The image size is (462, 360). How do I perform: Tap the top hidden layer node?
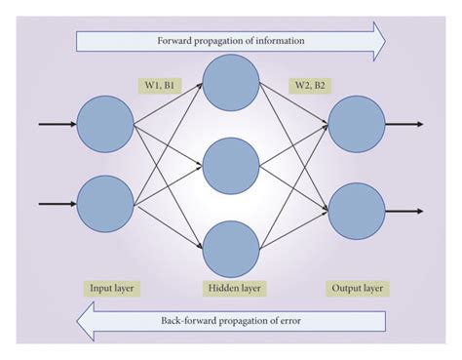click(x=230, y=83)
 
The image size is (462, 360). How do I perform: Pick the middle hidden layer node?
click(x=230, y=166)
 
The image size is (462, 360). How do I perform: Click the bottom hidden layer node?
click(x=230, y=248)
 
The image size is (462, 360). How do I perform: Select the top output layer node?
click(x=356, y=125)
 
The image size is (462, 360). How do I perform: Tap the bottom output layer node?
click(x=356, y=210)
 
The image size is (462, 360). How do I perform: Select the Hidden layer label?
click(x=231, y=290)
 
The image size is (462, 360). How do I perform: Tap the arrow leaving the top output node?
click(x=404, y=125)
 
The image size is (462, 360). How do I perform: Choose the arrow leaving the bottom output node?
click(x=404, y=210)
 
